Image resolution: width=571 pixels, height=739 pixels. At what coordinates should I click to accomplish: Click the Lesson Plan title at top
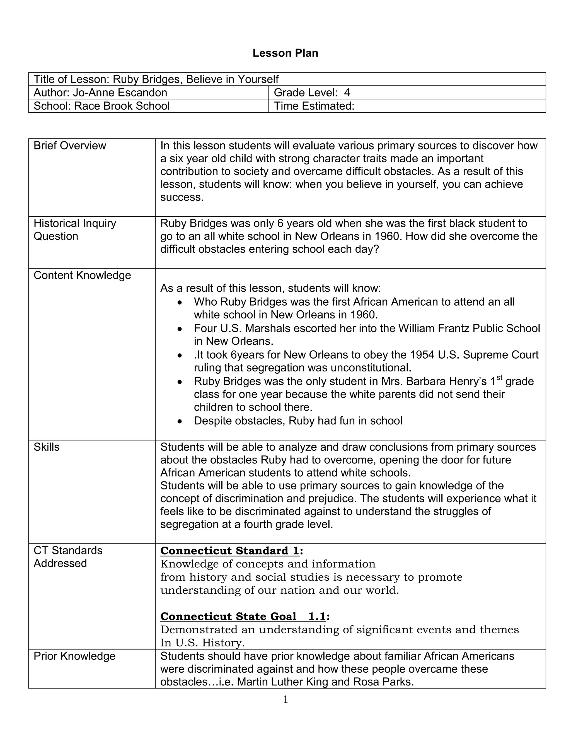[285, 53]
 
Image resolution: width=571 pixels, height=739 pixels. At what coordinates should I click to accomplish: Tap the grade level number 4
[347, 92]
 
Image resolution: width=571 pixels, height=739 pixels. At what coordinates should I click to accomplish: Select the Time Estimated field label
[314, 106]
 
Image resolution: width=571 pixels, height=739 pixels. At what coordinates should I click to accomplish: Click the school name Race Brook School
[122, 106]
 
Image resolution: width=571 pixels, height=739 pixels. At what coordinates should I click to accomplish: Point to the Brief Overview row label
[70, 146]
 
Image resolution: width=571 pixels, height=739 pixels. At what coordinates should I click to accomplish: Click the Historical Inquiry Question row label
[74, 230]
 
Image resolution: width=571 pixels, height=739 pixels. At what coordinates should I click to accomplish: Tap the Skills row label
[46, 447]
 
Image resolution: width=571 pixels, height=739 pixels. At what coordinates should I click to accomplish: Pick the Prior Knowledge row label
[74, 656]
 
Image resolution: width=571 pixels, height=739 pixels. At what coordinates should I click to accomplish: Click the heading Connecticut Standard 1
[230, 551]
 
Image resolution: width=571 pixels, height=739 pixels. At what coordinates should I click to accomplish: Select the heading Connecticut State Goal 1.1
[243, 617]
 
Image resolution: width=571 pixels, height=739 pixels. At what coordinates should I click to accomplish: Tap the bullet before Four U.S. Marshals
[180, 329]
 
